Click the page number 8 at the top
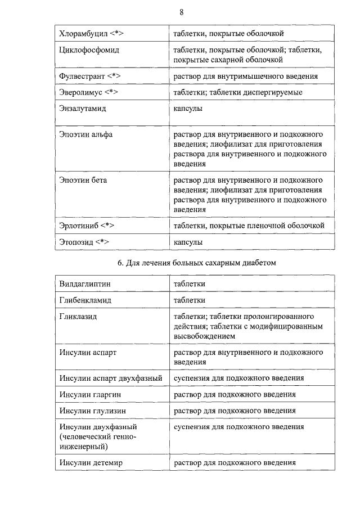click(181, 12)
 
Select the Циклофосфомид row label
click(89, 50)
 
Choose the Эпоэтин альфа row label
click(86, 135)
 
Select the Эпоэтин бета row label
click(83, 181)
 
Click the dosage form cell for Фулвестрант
click(245, 75)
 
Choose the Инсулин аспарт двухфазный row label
click(110, 378)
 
